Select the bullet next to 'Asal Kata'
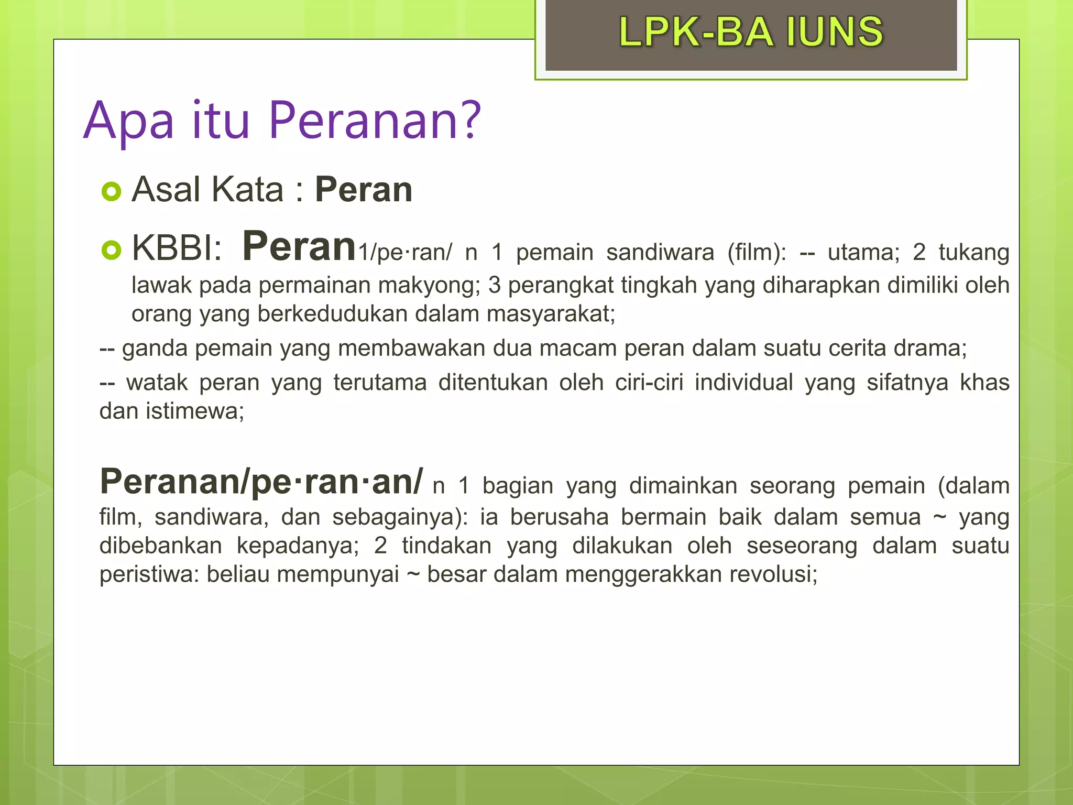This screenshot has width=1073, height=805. point(111,191)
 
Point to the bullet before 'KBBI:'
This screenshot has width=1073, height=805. point(111,249)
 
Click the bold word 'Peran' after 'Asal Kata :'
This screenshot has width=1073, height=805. point(363,189)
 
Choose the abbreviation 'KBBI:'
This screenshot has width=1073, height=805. point(177,247)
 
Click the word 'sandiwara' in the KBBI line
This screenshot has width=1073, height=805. point(660,252)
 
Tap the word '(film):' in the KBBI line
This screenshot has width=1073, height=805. point(757,252)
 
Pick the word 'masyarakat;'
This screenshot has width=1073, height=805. point(551,314)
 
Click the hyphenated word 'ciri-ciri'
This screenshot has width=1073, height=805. point(649,382)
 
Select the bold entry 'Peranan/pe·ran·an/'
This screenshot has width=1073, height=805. point(261,481)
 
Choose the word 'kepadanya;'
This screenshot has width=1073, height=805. point(298,546)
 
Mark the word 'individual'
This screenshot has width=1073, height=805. point(744,382)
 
